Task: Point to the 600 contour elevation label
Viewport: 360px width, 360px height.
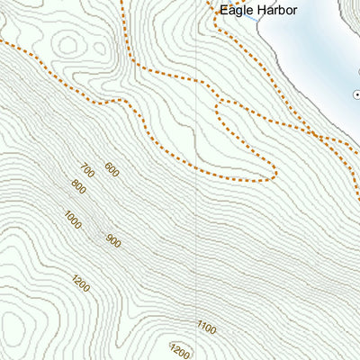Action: coord(112,168)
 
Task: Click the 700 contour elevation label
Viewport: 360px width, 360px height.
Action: coord(87,172)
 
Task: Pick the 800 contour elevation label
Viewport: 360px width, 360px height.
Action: coord(77,188)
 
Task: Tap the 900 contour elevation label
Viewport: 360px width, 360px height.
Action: coord(112,240)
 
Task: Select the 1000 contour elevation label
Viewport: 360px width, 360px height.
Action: coord(73,219)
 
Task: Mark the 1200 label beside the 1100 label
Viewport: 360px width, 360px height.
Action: coord(180,351)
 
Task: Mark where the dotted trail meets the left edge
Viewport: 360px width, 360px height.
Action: coord(2,40)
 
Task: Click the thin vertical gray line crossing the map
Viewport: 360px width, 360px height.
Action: coord(195,225)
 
